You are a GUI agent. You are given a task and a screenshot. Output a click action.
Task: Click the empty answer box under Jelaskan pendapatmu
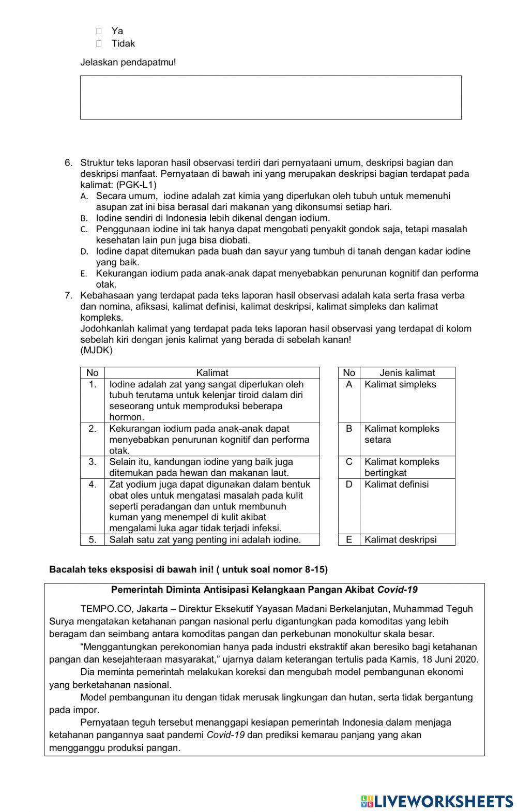coord(270,98)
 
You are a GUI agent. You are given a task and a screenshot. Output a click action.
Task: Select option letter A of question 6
coord(83,197)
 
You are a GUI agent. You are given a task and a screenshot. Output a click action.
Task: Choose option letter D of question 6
coord(83,252)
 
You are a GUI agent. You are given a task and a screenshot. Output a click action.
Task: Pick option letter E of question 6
coord(83,274)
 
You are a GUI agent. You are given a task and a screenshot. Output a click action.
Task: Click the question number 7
coord(68,296)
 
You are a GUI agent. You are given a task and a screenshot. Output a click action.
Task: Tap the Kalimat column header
coord(212,373)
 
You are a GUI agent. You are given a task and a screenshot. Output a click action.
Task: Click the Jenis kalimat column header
coord(407,373)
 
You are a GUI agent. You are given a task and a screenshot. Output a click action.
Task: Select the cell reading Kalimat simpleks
coord(400,385)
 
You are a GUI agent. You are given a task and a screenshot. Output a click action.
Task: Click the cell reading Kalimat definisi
coord(396,485)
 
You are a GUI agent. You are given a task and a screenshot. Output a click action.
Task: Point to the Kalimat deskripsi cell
coord(400,540)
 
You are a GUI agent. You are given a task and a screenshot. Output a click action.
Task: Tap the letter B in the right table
coord(349,429)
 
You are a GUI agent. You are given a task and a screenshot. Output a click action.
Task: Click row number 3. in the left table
coord(93,462)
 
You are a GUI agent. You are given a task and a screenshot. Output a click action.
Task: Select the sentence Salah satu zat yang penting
coord(205,540)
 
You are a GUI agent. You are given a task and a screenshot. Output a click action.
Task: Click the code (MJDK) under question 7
coord(96,351)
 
